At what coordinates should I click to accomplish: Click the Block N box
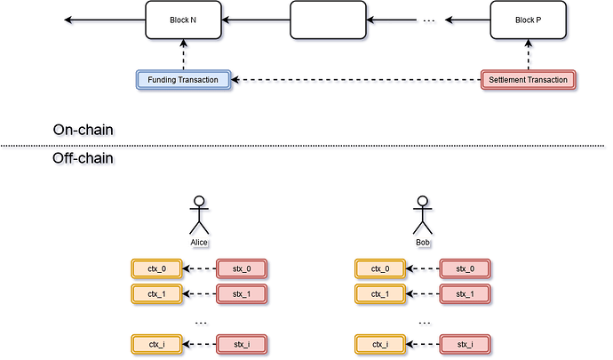182,20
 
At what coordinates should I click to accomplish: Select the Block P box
528,20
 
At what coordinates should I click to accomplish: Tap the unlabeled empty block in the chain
327,20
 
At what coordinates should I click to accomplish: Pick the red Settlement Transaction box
528,80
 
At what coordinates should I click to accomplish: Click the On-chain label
85,131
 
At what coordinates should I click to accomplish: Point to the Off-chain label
85,159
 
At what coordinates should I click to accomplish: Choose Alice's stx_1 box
240,293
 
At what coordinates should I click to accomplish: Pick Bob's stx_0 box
465,268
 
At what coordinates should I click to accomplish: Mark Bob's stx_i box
465,343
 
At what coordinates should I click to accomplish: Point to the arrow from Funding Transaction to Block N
183,55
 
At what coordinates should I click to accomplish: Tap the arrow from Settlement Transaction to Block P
529,55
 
